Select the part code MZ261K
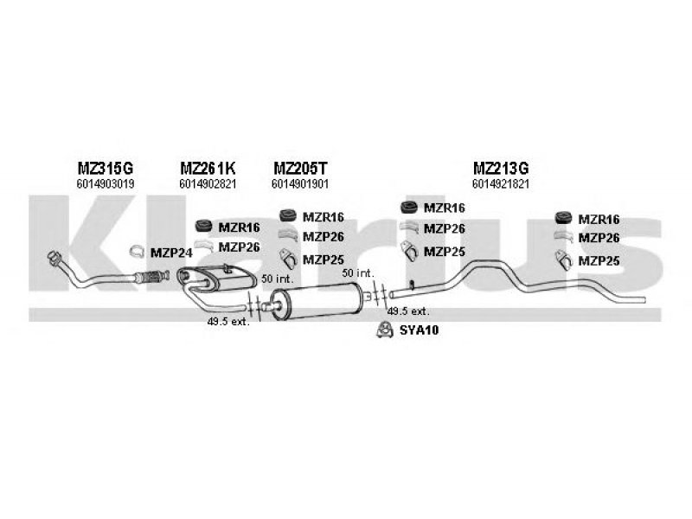[x=207, y=168]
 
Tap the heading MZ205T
[x=299, y=168]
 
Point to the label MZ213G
[x=501, y=168]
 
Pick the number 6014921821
[x=501, y=184]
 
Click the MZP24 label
[x=170, y=253]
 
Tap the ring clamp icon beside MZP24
[x=136, y=253]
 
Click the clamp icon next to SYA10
[x=381, y=330]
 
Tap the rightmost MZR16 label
[x=599, y=220]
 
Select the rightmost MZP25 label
[x=599, y=259]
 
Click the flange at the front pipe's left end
[x=54, y=258]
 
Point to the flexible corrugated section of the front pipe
[x=149, y=278]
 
